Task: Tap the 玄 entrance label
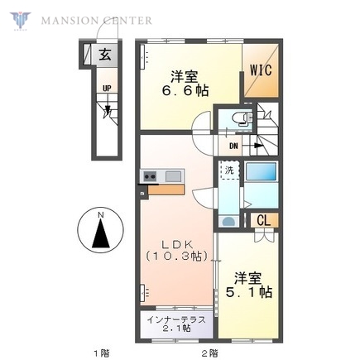click(105, 55)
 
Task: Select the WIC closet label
click(261, 70)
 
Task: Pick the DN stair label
click(233, 145)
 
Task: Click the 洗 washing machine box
click(228, 170)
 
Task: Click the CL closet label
click(262, 220)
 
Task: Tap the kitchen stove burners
click(151, 175)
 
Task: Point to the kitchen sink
click(173, 175)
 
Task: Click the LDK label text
click(175, 244)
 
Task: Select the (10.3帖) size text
click(175, 258)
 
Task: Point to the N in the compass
click(101, 217)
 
